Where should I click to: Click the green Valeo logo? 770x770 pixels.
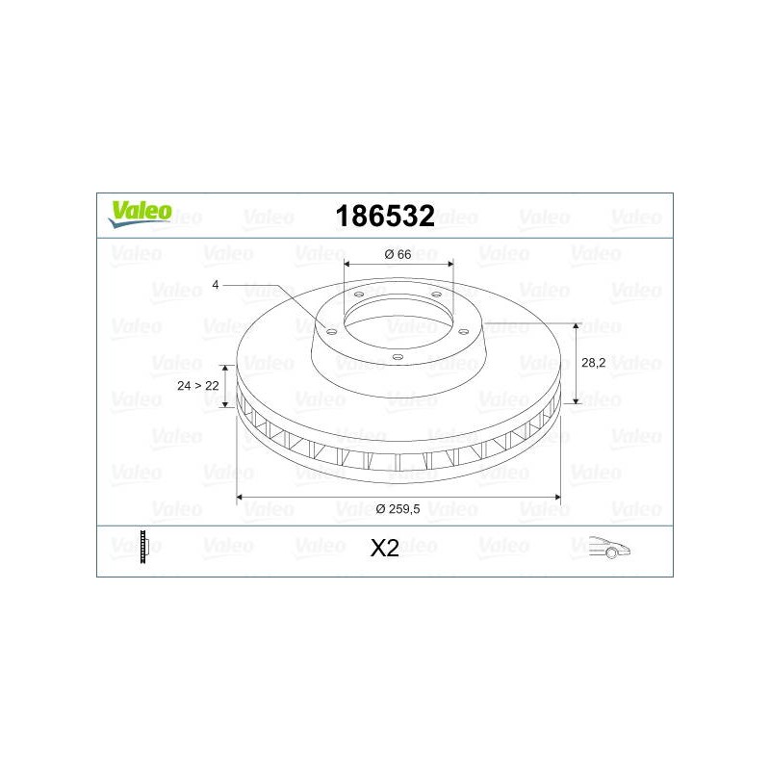[141, 214]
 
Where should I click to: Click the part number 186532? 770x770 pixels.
[385, 216]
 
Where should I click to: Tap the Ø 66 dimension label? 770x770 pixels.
[398, 254]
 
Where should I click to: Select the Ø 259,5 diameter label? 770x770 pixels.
[398, 509]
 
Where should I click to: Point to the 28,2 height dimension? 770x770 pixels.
[593, 363]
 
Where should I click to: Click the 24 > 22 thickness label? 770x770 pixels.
[198, 386]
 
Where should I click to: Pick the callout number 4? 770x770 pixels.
[215, 284]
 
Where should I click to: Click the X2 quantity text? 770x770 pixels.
[384, 549]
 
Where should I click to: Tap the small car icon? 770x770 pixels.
[609, 547]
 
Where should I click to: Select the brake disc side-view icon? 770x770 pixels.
[143, 547]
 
